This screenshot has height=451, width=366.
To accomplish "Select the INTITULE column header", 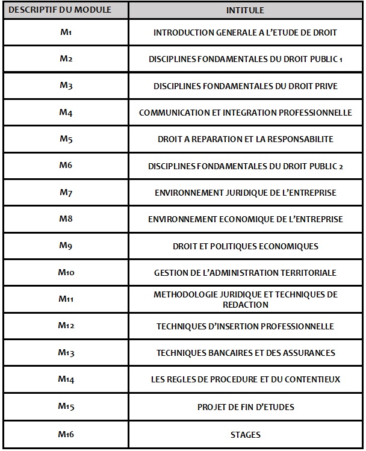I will [x=245, y=11].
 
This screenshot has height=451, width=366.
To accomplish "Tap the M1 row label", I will [x=66, y=33].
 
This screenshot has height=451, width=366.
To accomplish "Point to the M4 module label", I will [x=66, y=113].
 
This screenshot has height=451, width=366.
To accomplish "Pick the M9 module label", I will [x=66, y=246].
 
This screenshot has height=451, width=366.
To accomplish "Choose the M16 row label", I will [x=66, y=434].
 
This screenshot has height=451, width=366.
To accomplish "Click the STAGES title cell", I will [x=245, y=434].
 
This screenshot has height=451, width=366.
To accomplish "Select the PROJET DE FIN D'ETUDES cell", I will [x=246, y=407].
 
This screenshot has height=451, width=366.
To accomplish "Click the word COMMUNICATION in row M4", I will [x=172, y=113].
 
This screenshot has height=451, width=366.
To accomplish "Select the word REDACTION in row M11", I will [x=245, y=305].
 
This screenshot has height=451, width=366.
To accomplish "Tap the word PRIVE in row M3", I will [x=325, y=86].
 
